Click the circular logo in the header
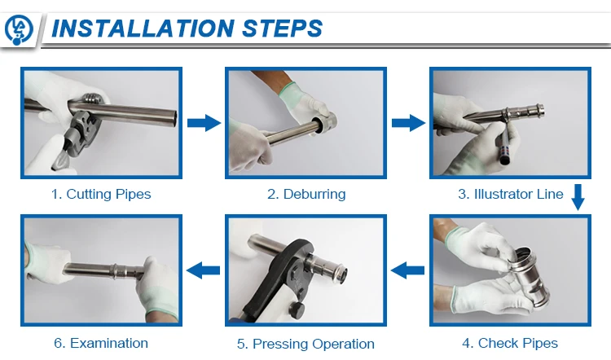[x=18, y=29]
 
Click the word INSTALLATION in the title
[x=143, y=29]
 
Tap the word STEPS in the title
[x=282, y=29]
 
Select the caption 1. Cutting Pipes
[x=101, y=194]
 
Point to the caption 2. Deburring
[x=306, y=194]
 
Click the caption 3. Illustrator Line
[x=511, y=194]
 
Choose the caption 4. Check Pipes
[x=510, y=343]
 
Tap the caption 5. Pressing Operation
[x=305, y=344]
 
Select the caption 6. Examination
[x=101, y=343]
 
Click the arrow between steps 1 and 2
[x=204, y=123]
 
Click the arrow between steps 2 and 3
[x=408, y=123]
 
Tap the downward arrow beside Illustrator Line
[x=578, y=197]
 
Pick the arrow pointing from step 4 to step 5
[x=407, y=270]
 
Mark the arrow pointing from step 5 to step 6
[x=204, y=270]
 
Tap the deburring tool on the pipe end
[x=324, y=123]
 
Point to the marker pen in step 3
[x=504, y=145]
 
